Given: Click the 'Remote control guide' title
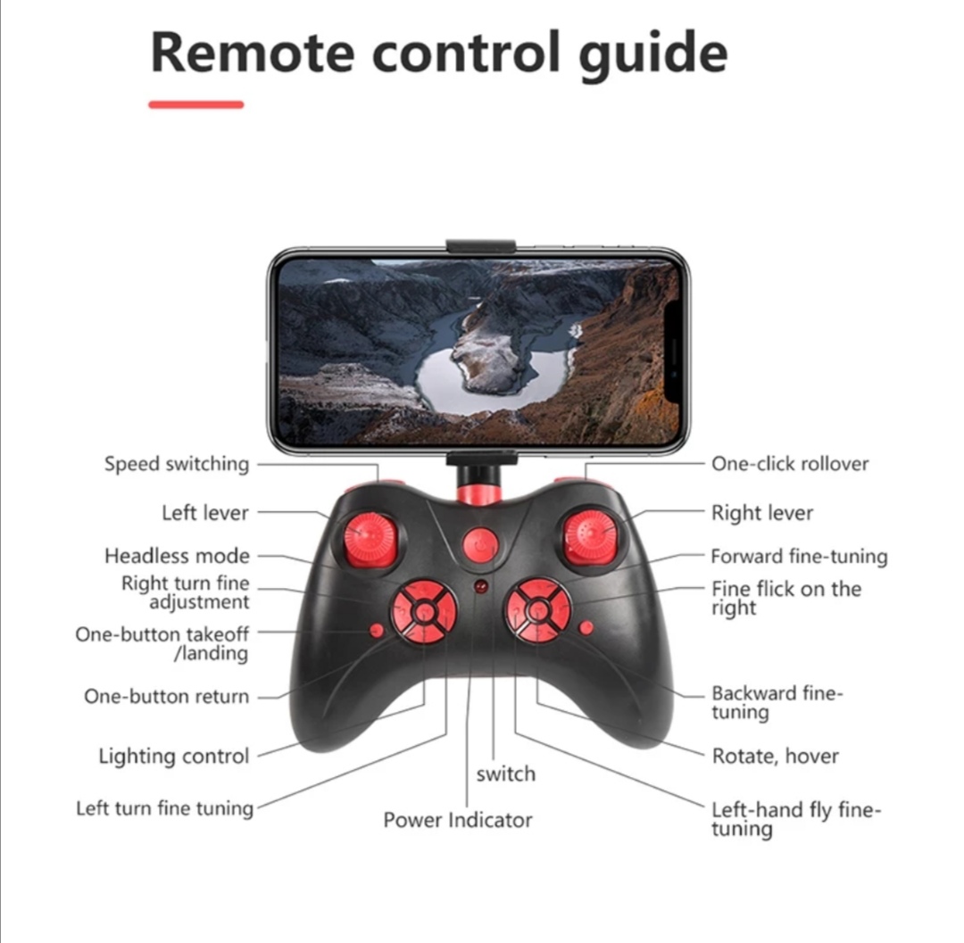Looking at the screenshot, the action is click(x=439, y=54).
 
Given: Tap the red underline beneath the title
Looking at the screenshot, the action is click(x=196, y=104).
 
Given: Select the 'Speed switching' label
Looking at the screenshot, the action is click(x=177, y=464).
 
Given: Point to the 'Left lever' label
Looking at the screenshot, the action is click(x=205, y=512).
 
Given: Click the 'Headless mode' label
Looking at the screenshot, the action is click(x=177, y=555).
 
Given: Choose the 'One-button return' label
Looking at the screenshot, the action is click(x=167, y=696).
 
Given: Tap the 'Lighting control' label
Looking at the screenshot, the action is click(x=174, y=756).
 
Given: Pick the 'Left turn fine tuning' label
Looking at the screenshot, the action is click(x=165, y=808).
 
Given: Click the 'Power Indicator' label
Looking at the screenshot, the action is click(x=457, y=820).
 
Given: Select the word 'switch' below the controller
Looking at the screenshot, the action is click(x=506, y=773).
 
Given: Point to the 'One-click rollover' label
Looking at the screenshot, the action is click(x=790, y=463).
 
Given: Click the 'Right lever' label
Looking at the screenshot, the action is click(x=762, y=512).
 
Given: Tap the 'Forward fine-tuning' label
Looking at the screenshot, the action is click(x=799, y=556).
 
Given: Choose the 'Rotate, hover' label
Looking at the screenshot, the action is click(x=776, y=756).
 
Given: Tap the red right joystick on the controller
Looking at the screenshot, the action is click(x=590, y=538).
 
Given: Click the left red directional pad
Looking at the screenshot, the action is click(x=424, y=612).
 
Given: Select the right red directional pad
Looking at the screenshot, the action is click(x=538, y=611).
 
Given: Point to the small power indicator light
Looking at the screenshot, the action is click(x=481, y=586).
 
